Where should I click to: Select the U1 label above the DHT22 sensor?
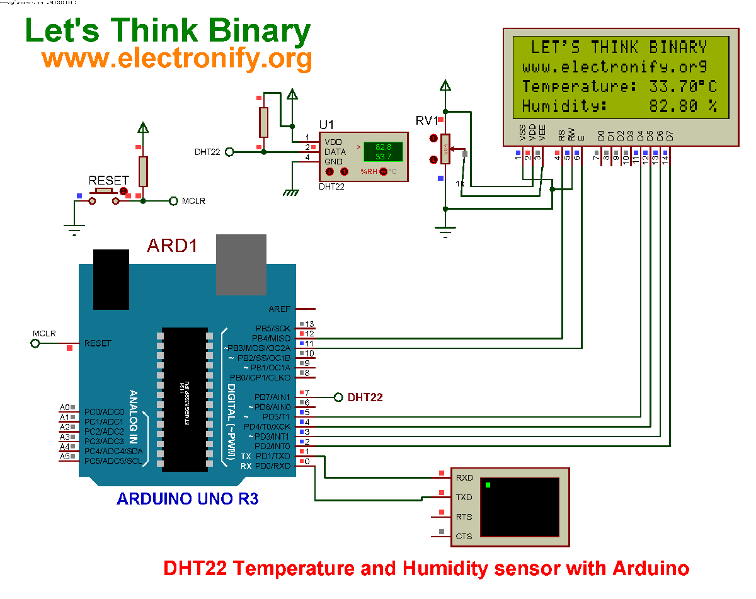coord(326,124)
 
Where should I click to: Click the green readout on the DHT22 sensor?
coord(383,151)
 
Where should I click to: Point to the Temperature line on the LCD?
coord(619,86)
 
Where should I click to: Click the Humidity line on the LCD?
coord(619,106)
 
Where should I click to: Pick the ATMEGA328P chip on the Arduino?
coord(185,399)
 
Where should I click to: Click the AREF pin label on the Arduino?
coord(279,309)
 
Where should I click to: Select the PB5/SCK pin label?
coord(273,328)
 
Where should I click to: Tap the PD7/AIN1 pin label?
coord(272,397)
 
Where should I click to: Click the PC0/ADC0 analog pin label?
coord(104,412)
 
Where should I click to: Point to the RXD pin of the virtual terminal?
coord(464,477)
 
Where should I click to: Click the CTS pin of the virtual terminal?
coord(464,537)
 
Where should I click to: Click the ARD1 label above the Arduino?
coord(172,246)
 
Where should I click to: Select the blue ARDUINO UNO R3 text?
coord(187,499)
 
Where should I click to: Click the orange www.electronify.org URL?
coord(176,59)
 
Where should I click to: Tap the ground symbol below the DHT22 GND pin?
coord(290,191)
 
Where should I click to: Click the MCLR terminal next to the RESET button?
coord(174,201)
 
